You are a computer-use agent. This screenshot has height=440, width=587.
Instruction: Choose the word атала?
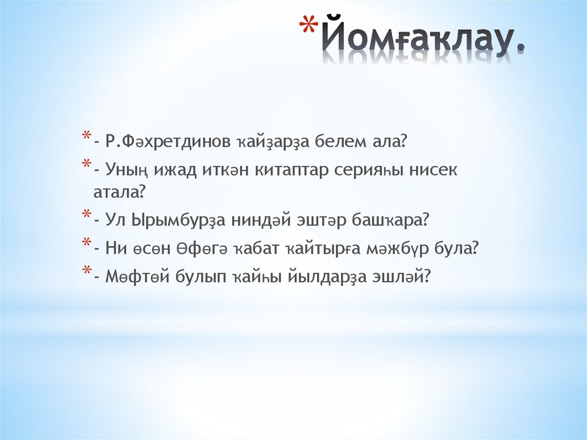click(x=119, y=192)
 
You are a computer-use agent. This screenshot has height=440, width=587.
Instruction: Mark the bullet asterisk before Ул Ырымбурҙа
click(x=85, y=217)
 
